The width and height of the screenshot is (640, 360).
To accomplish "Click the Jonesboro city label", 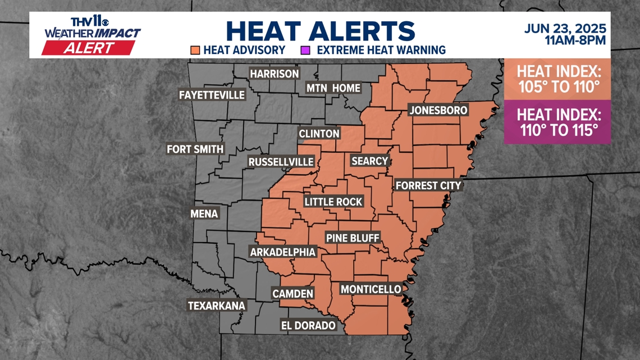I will point(438,110).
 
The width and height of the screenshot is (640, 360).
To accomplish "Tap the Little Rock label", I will point(333,202).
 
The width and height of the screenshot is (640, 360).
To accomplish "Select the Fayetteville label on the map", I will point(212,95).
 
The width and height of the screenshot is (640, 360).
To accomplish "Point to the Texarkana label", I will point(217,306).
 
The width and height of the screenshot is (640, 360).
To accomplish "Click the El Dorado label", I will point(308,325).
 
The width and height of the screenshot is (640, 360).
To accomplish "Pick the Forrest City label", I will point(428,185).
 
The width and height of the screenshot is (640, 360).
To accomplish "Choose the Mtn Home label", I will point(333,88).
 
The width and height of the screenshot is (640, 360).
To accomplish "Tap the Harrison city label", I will point(275,74).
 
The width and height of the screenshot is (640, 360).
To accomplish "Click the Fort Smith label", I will point(195,149).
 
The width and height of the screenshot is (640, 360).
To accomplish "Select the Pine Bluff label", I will point(353,238).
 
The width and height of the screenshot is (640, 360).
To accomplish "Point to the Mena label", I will point(204,214).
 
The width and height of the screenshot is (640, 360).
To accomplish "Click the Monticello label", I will point(371,289).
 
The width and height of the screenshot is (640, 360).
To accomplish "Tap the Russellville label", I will point(281,162).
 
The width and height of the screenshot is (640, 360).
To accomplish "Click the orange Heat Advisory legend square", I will point(195,50).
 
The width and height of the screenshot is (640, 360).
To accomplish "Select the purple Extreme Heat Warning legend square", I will point(305,50).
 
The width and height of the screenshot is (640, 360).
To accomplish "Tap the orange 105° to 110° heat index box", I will point(557,79).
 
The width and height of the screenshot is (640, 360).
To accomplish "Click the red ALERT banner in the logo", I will point(89,48).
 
